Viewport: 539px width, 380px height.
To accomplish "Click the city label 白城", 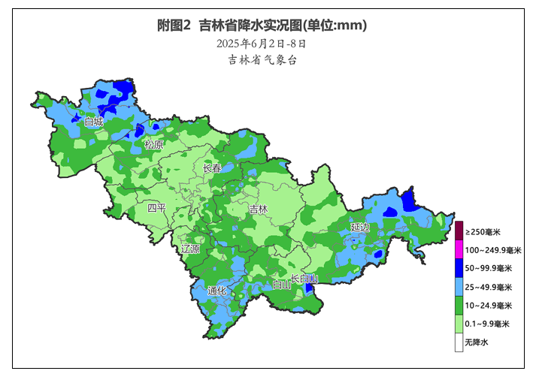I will (x=94, y=121).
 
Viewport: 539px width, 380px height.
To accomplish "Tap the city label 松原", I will (x=153, y=144).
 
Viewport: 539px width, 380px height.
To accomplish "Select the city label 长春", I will (x=213, y=169).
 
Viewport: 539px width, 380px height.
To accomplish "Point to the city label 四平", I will (x=156, y=207).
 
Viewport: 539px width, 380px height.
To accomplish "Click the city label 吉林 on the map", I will (x=259, y=210).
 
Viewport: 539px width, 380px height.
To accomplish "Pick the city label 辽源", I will (x=191, y=249).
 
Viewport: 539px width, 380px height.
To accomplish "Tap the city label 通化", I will (x=217, y=291).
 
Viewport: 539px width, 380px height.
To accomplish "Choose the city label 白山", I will (x=282, y=285).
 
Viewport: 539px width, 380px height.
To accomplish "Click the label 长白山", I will (x=304, y=279).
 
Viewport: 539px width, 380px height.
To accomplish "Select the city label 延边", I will (x=360, y=226).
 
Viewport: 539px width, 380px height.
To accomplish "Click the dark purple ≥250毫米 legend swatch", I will (x=458, y=231).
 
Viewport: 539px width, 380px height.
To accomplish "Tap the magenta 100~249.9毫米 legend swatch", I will (x=458, y=249).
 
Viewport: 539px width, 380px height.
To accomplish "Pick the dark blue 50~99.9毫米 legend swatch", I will (x=458, y=268).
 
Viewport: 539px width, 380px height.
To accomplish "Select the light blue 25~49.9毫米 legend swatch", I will (x=458, y=287).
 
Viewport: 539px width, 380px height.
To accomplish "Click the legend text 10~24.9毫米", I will (x=488, y=306).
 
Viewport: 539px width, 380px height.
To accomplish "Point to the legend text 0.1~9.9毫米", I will (x=487, y=324).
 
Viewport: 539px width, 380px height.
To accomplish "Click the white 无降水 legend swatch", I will (x=458, y=342).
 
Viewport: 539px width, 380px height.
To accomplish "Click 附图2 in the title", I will (x=174, y=26).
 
